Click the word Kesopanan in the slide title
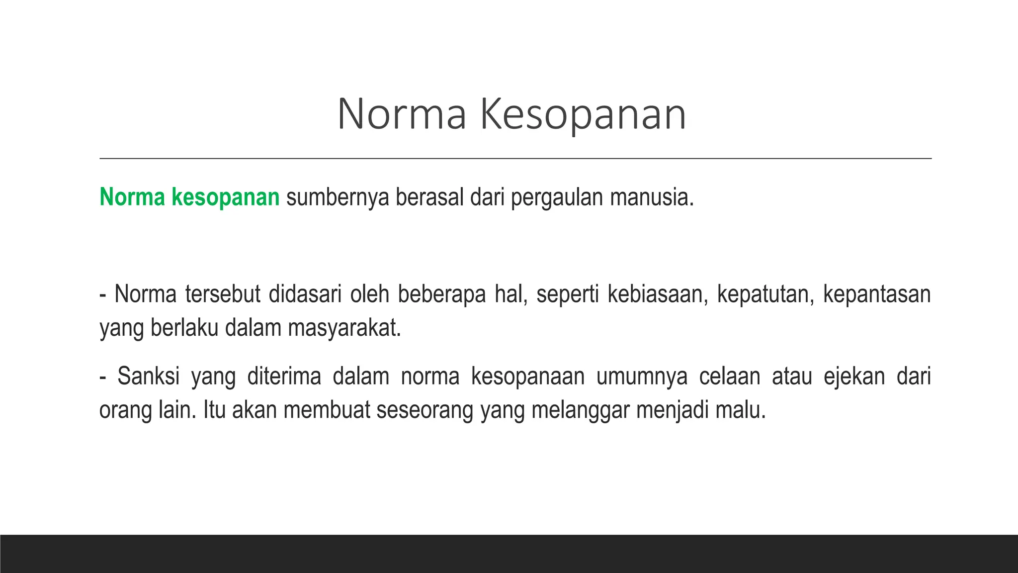pos(583,115)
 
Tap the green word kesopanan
pos(226,197)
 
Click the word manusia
pos(651,197)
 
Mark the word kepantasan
pos(877,294)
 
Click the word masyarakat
pos(344,328)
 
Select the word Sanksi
pos(149,376)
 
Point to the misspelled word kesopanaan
pos(528,376)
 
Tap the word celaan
pos(730,376)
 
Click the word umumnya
pos(642,376)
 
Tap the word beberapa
pos(441,294)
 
